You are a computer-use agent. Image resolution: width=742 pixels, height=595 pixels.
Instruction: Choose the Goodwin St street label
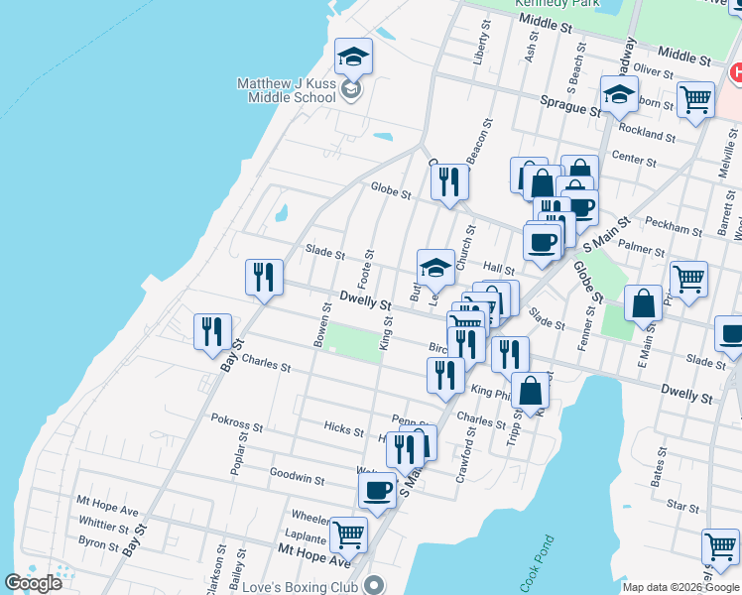(x=297, y=478)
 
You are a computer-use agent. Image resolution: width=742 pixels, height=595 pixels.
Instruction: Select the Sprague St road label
(x=570, y=101)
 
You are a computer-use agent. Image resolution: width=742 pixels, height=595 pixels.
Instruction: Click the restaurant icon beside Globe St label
(x=449, y=181)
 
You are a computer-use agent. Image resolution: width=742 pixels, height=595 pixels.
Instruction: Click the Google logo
(x=33, y=583)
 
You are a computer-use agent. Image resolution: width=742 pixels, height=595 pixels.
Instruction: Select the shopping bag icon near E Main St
(x=644, y=302)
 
